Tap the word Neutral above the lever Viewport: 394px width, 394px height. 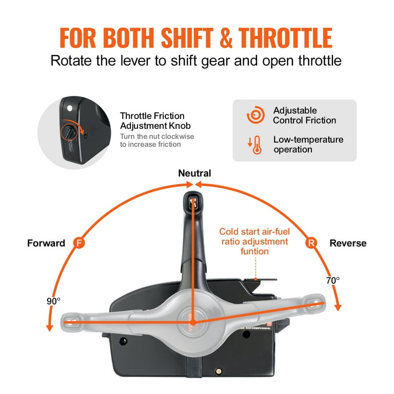click(x=194, y=173)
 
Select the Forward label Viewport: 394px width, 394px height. click(x=46, y=243)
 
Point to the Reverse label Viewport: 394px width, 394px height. click(x=348, y=243)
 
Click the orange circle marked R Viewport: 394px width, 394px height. click(x=311, y=243)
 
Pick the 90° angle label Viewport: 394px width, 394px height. click(x=53, y=301)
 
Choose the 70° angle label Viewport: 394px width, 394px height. click(x=333, y=281)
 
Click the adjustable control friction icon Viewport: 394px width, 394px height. click(x=255, y=115)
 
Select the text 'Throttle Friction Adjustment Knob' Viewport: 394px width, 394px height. click(x=152, y=121)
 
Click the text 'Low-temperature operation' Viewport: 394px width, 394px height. click(x=308, y=144)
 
